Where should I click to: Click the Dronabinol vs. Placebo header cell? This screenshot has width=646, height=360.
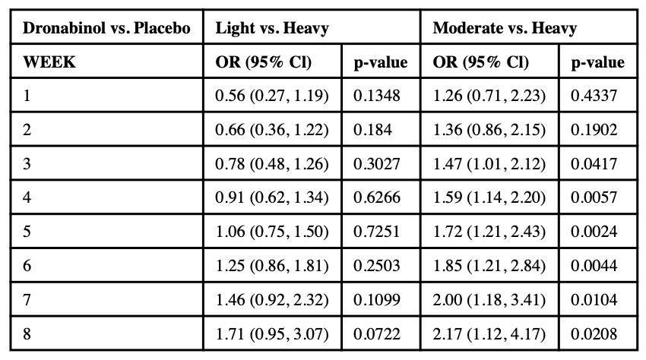(x=106, y=30)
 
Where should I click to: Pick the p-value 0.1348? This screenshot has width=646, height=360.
(x=375, y=96)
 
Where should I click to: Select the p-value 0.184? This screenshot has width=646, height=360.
(x=372, y=130)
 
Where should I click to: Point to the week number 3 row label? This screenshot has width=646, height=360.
(x=27, y=163)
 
